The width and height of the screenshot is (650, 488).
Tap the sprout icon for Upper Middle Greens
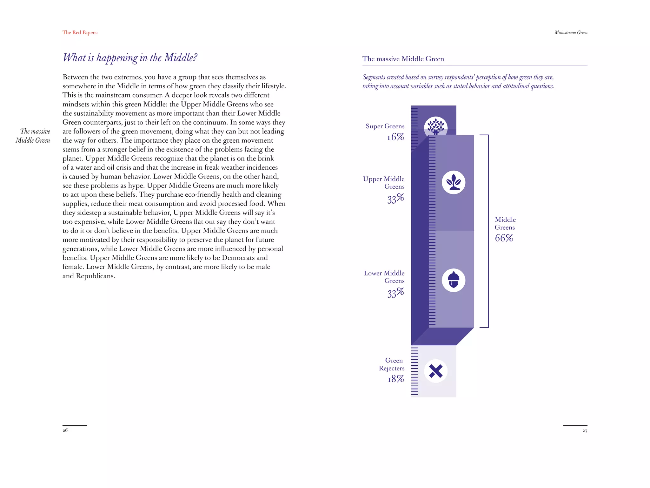pos(454,182)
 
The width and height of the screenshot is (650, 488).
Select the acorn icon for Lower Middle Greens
pos(454,280)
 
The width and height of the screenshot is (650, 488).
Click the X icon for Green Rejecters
pos(435,371)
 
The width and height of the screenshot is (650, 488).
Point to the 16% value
pos(395,137)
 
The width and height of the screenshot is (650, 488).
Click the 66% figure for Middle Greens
pos(504,238)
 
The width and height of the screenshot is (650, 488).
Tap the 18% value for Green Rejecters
pos(395,379)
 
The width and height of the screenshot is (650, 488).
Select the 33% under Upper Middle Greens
pos(395,199)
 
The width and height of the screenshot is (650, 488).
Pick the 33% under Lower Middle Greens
pos(395,293)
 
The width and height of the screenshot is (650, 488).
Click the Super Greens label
pos(385,126)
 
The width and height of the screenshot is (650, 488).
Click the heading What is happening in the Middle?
pos(130,58)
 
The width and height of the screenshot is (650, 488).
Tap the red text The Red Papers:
pos(80,32)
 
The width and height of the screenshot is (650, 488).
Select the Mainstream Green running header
pos(571,32)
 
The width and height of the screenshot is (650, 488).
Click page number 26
pos(65,430)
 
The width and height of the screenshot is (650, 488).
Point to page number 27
pos(585,431)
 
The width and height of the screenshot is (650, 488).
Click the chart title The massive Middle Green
pos(403,59)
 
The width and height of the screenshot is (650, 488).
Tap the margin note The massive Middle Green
pos(33,136)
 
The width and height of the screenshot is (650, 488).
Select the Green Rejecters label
pos(392,364)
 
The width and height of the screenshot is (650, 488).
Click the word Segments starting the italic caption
pos(374,77)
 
